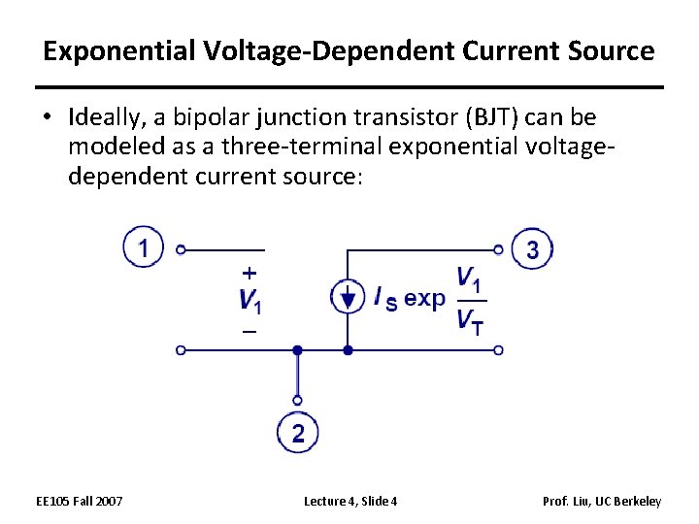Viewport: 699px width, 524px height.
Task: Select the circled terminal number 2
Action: tap(297, 433)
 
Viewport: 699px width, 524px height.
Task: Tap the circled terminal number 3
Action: tap(532, 249)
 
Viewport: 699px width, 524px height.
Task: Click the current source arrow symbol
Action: tap(347, 298)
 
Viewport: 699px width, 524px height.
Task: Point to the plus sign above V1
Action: tap(250, 273)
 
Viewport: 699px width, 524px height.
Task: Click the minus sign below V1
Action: tap(250, 332)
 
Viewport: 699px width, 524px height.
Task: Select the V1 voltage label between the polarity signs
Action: tap(250, 300)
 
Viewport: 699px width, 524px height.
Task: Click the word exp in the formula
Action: tap(424, 298)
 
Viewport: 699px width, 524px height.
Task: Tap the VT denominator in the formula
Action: tap(468, 320)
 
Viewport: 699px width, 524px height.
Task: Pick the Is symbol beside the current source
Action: tap(384, 298)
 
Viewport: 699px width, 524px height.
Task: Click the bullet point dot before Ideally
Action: tap(50, 118)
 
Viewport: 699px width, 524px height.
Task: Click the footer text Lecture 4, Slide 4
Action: tap(349, 501)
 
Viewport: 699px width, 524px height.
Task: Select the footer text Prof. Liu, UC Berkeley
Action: tap(604, 501)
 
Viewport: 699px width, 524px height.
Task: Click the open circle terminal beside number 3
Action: tap(499, 249)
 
